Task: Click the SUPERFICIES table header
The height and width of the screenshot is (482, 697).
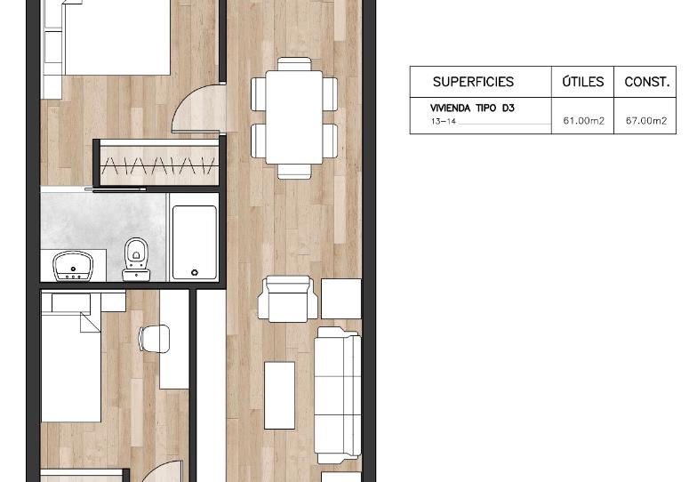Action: click(473, 82)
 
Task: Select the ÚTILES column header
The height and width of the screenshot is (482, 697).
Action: click(583, 82)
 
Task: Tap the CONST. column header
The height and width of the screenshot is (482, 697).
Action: click(647, 82)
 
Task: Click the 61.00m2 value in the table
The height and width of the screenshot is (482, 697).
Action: click(583, 121)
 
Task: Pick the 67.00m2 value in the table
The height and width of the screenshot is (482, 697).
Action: click(646, 121)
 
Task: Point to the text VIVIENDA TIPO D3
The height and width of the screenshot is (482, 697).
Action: click(472, 108)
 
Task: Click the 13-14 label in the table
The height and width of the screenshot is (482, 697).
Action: click(443, 121)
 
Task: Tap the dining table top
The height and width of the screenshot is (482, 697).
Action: click(293, 117)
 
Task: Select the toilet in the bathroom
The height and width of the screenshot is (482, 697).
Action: click(135, 260)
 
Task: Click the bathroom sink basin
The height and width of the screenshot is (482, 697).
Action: click(73, 267)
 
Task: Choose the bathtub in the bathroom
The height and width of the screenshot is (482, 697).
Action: click(194, 242)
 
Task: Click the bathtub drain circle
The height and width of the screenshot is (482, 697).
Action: click(195, 272)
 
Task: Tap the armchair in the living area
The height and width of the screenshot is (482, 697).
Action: click(288, 299)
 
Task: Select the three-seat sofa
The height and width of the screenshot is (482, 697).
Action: click(338, 395)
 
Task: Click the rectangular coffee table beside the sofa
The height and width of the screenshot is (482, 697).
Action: click(279, 395)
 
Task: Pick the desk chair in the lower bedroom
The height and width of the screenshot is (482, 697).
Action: click(155, 338)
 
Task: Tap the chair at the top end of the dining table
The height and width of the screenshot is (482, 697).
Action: click(294, 64)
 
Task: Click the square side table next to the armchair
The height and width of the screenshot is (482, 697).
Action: click(341, 299)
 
